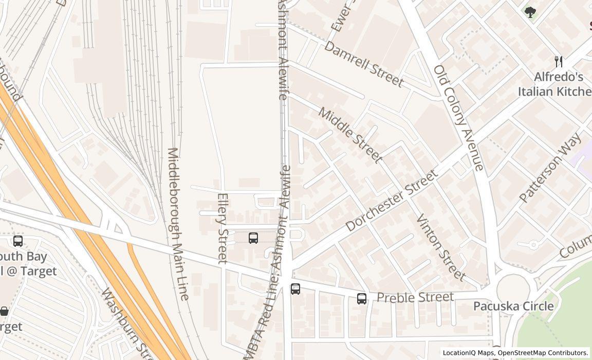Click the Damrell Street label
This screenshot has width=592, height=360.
364,64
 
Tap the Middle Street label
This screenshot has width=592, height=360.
350,135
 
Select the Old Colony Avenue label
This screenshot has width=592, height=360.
458,118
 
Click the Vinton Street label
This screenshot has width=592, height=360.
440,247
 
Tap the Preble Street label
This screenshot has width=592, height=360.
415,297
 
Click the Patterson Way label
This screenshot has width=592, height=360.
550,167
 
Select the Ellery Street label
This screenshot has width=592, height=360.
223,228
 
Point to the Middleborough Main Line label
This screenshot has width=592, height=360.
178,224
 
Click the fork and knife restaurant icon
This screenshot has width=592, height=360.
559,62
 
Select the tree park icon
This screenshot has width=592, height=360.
530,12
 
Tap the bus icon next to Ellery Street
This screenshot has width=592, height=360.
253,238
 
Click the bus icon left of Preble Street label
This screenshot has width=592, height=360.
362,298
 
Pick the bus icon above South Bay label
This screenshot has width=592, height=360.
18,241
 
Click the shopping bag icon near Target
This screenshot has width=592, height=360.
4,311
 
